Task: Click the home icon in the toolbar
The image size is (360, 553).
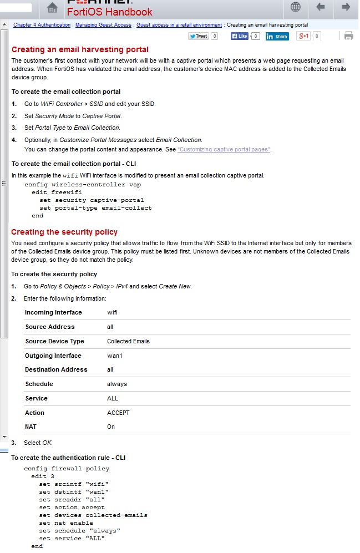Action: [x=52, y=7]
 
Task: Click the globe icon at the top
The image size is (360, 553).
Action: [x=296, y=7]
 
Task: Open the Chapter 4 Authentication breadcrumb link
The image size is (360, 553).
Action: [x=42, y=25]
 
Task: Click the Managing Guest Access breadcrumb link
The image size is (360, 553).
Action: [x=104, y=25]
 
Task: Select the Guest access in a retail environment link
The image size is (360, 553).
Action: [x=179, y=25]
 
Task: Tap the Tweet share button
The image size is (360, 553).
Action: [x=199, y=36]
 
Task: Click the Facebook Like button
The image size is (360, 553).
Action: [x=240, y=36]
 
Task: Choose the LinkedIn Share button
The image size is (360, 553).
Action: [x=277, y=37]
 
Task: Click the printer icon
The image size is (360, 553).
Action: [x=348, y=36]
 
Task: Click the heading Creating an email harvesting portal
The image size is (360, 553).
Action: [x=80, y=49]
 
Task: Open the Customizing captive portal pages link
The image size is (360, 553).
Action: [x=224, y=150]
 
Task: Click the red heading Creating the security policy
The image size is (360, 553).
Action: [x=64, y=232]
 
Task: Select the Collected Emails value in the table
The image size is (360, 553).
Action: [x=128, y=341]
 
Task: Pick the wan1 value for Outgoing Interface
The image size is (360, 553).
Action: [x=114, y=356]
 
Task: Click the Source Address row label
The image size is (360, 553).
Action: [x=50, y=327]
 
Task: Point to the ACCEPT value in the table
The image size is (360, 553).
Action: [x=118, y=413]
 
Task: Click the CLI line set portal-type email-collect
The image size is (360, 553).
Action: [x=95, y=208]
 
